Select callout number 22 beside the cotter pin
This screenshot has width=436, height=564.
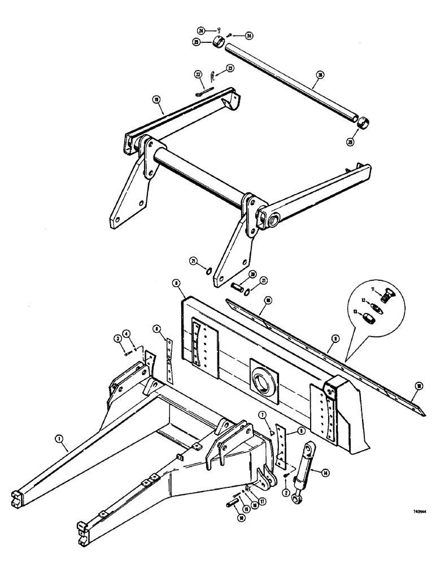[198, 74]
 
